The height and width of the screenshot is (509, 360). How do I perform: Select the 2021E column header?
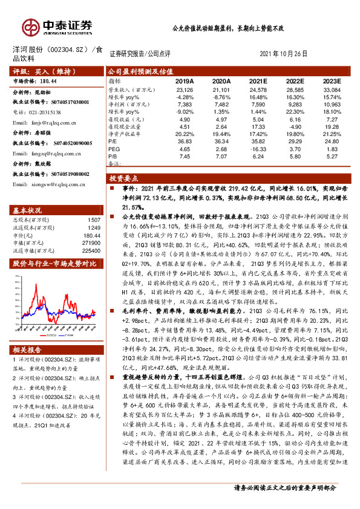tap(258, 81)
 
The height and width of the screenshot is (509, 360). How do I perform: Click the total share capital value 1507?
tap(94, 220)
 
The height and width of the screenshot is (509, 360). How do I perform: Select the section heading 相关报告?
tap(28, 349)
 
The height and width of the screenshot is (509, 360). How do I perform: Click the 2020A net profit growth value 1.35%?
tap(221, 112)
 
